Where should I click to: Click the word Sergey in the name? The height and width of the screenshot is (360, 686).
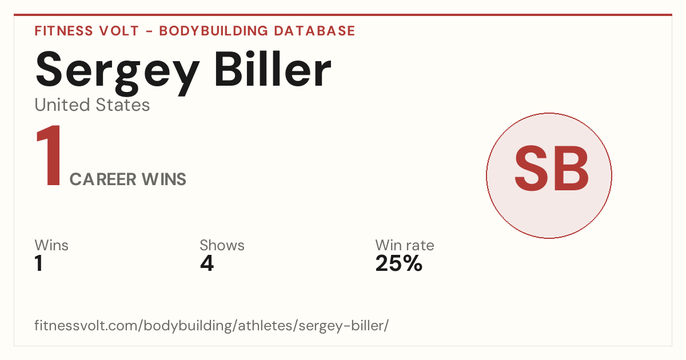pos(118,73)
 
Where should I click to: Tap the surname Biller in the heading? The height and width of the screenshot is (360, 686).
pos(273,69)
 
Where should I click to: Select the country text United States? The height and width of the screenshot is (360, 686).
pos(92,105)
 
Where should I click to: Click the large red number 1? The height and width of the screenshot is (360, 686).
pos(49,155)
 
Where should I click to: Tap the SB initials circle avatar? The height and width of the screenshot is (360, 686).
pos(549,175)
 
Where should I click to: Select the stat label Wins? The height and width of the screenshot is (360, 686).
pos(51,245)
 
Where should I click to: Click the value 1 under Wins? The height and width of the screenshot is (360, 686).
pos(39,263)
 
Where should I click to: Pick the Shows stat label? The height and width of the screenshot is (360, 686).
pos(222,245)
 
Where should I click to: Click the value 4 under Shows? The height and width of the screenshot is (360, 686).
pos(207,263)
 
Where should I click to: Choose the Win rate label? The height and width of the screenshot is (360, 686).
pos(405,245)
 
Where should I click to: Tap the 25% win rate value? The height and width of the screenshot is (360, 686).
pos(399,263)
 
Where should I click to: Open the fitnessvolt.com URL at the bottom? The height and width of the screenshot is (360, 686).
pos(212,325)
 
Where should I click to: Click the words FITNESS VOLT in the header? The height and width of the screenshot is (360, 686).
pos(87,31)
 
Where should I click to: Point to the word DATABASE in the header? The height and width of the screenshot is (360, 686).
pos(314,31)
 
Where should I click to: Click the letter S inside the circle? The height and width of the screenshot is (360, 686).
pos(531,168)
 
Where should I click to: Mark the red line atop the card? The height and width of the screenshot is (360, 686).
pos(343,15)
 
